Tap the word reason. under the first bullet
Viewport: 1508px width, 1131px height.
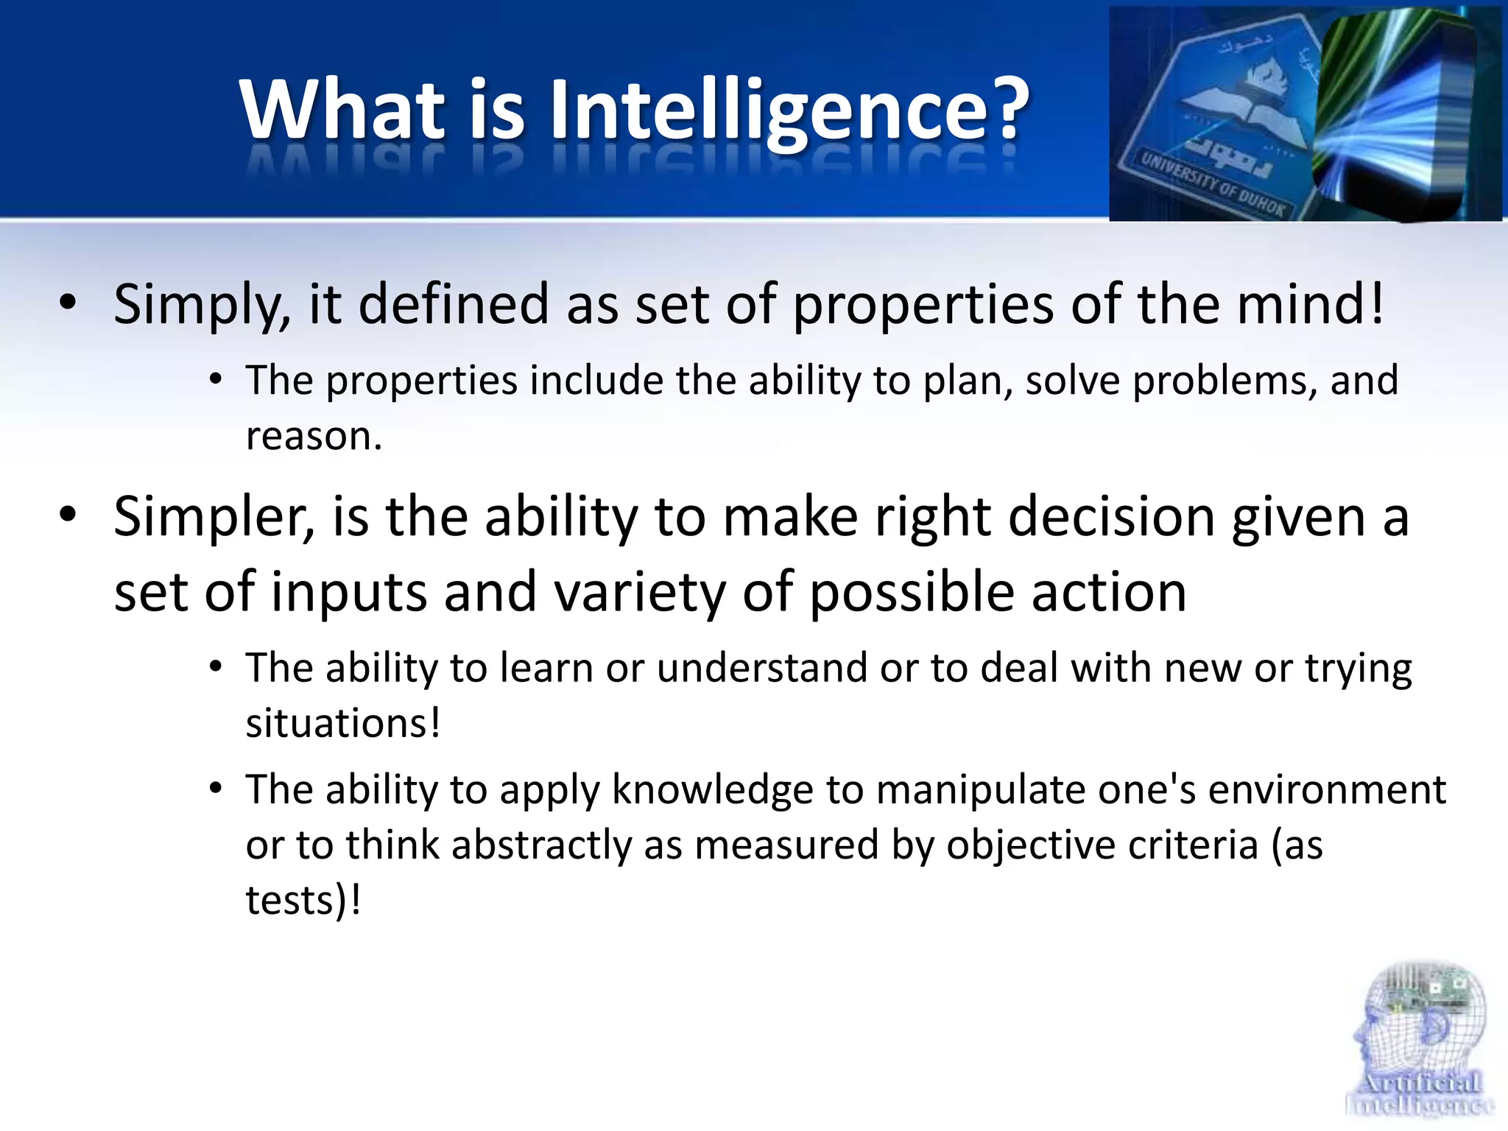coord(314,436)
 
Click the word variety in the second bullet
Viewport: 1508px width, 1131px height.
coord(639,593)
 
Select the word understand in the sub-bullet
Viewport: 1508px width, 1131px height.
coord(761,669)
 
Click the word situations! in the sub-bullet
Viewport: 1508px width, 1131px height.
coord(343,723)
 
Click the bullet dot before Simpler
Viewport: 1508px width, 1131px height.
coord(68,515)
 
